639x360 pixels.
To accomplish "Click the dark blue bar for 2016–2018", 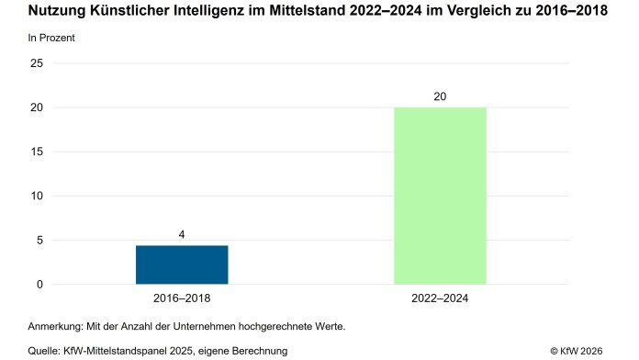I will tap(182, 264).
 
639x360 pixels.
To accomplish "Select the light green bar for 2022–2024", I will tap(440, 196).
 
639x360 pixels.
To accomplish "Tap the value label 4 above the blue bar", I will tap(182, 235).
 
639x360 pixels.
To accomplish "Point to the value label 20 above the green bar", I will tap(440, 96).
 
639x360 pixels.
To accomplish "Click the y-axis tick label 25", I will tap(37, 63).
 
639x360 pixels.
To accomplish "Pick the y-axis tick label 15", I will tap(37, 152).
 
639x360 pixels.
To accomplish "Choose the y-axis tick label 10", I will tap(37, 196).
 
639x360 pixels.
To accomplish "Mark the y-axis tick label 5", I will tap(39, 240).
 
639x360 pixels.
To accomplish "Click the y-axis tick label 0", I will tap(39, 284).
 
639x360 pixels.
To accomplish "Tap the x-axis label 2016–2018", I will tap(182, 298).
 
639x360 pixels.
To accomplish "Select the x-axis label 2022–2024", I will tap(440, 298).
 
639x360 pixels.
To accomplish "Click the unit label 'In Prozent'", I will tap(50, 39).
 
